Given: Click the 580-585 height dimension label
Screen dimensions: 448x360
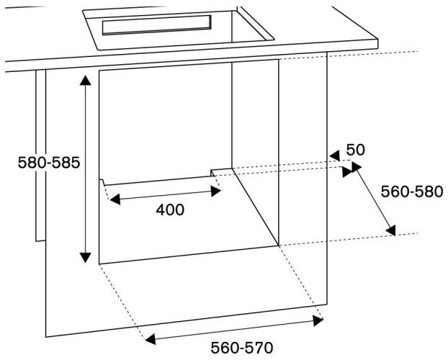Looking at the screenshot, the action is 49,163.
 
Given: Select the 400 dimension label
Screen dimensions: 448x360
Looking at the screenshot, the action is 170,210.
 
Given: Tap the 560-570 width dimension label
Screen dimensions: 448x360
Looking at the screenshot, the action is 242,348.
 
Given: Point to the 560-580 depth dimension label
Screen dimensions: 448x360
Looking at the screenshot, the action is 412,192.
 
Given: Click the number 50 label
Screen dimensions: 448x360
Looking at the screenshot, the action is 355,150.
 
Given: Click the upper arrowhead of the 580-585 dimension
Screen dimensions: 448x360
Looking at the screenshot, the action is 85,80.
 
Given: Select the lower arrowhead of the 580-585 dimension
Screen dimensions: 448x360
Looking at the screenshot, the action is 85,258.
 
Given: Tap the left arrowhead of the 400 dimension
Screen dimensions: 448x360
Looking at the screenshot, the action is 115,199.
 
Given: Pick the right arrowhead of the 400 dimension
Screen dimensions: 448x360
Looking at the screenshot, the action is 215,191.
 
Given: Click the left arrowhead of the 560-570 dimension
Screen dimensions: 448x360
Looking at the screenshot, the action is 151,339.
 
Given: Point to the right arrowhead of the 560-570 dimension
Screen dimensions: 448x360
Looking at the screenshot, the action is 318,320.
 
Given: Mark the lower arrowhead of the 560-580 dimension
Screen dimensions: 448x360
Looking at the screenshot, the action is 391,230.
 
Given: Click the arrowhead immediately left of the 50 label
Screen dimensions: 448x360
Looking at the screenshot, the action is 335,156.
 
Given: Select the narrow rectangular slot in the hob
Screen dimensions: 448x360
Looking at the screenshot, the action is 156,25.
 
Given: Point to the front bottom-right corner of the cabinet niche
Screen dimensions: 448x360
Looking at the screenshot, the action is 279,245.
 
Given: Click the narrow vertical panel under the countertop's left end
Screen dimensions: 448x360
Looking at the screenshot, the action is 40,156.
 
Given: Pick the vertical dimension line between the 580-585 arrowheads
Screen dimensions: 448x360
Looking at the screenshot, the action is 85,168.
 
